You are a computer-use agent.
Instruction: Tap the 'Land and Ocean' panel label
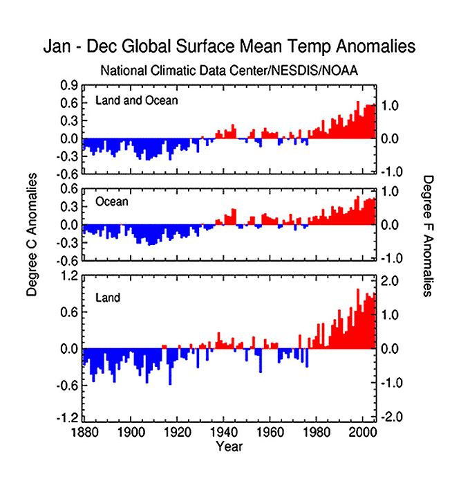(136, 100)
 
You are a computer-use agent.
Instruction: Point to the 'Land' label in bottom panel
(108, 298)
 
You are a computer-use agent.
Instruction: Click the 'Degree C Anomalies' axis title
(31, 235)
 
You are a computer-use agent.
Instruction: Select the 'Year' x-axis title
(228, 446)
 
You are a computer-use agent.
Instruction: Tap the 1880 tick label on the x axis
(82, 433)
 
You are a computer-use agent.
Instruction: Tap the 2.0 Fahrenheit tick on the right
(391, 281)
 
